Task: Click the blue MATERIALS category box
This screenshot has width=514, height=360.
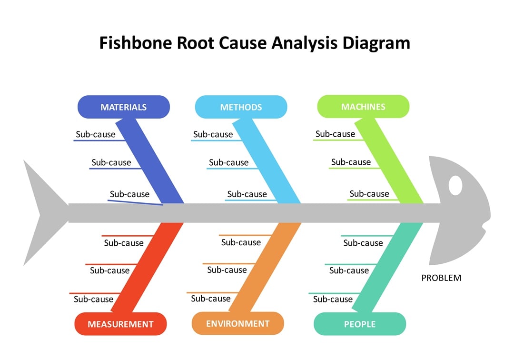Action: [124, 107]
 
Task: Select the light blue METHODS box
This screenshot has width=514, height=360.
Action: [241, 107]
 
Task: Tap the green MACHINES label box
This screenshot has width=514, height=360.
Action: [363, 107]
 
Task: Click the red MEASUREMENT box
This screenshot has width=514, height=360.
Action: [120, 324]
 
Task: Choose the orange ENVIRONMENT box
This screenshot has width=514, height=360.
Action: [237, 324]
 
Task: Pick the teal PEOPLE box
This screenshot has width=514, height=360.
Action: [360, 324]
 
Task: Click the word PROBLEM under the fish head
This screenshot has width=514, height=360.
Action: [441, 278]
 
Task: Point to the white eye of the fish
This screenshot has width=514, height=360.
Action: [455, 185]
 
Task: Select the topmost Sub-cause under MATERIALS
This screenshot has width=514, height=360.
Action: [95, 134]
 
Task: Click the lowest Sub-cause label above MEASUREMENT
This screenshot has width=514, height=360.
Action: [93, 299]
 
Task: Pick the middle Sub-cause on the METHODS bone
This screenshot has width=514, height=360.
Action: [228, 162]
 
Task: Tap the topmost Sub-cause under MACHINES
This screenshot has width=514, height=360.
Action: [335, 134]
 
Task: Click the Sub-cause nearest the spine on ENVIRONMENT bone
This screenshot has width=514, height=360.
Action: [241, 242]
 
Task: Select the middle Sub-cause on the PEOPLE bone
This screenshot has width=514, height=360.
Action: [349, 270]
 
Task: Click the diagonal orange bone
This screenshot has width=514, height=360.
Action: [267, 267]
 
